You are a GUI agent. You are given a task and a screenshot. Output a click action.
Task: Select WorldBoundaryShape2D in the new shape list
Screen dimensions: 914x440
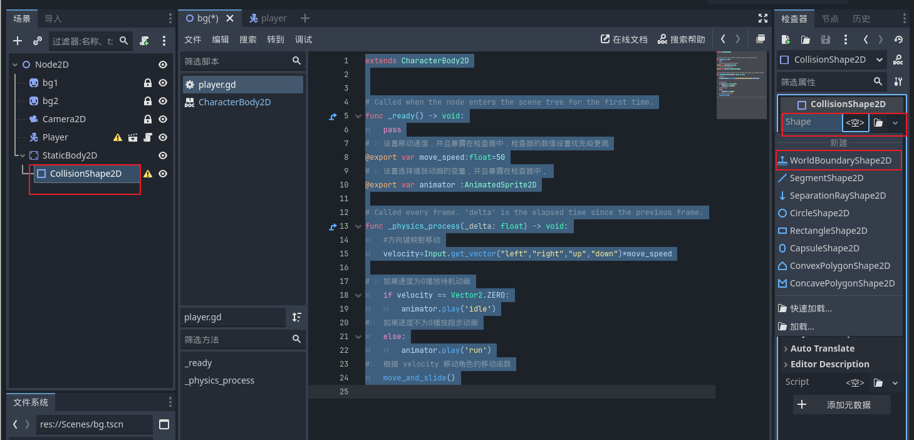(839, 160)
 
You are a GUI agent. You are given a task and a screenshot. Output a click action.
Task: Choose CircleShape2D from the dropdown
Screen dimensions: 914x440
(819, 213)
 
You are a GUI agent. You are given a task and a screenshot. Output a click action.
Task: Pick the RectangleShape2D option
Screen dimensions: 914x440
(828, 231)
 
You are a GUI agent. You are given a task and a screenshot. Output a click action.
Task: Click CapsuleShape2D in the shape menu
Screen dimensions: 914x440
(824, 248)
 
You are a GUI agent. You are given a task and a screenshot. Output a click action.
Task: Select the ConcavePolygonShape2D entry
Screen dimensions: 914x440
(841, 283)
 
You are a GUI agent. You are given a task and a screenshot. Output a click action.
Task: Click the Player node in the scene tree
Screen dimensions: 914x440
(55, 137)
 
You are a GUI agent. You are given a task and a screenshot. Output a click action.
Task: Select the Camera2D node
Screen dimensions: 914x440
(64, 119)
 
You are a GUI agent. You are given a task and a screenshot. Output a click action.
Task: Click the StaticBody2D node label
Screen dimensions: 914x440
(70, 155)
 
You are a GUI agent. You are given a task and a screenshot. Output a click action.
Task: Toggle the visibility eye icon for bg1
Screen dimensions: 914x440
(163, 83)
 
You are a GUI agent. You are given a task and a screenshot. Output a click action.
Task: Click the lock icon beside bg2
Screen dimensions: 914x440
(148, 101)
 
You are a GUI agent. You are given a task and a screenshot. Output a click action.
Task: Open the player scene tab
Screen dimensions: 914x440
(273, 18)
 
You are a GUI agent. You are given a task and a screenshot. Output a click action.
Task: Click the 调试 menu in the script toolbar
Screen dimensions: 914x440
(303, 39)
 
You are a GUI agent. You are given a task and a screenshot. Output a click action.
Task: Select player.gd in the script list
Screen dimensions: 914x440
(217, 85)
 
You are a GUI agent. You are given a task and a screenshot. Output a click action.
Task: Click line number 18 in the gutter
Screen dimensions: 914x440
(343, 295)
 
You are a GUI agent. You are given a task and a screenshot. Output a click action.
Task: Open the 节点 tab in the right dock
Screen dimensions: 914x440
(829, 19)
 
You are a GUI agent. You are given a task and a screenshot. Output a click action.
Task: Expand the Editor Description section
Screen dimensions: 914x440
(829, 364)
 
